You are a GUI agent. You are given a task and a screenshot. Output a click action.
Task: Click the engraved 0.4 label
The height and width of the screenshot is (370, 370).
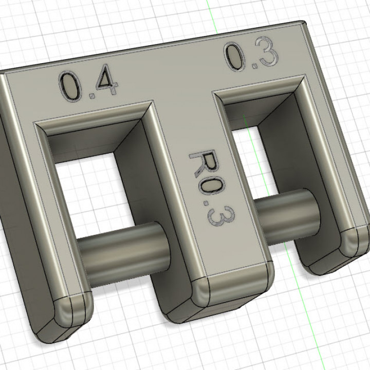click(88, 85)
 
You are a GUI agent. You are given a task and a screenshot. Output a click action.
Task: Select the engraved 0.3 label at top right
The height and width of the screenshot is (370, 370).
click(251, 56)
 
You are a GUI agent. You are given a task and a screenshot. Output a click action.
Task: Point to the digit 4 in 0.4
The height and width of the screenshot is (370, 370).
click(105, 83)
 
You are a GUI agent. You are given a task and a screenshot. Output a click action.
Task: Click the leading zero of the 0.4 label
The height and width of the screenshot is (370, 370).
click(70, 87)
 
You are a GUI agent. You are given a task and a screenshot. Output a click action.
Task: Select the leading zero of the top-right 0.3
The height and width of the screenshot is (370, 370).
click(234, 57)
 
